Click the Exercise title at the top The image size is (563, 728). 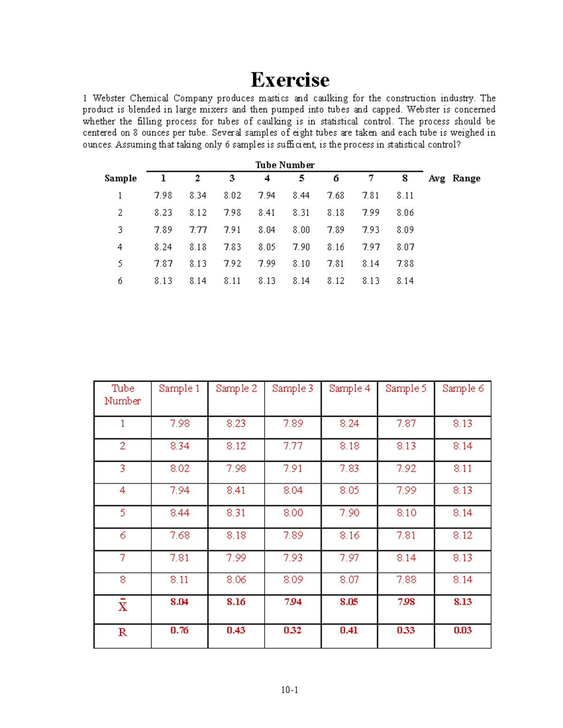[x=290, y=80]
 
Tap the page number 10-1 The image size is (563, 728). [x=289, y=690]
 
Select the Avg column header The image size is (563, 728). [x=436, y=178]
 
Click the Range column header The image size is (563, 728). [x=466, y=178]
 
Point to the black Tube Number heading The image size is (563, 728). [x=285, y=165]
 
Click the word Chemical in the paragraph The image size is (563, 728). [x=149, y=98]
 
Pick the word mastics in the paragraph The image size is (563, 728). [x=273, y=98]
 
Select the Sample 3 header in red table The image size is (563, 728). [x=292, y=388]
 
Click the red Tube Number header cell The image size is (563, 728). [x=122, y=394]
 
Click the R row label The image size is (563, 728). [x=122, y=632]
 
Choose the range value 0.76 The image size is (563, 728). [x=179, y=630]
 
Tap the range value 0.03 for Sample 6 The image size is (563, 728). [x=463, y=630]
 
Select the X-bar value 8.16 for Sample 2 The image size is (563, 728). [x=236, y=602]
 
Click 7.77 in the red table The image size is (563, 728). [x=293, y=446]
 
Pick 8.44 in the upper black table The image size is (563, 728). [x=301, y=195]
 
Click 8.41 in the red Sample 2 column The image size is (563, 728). [x=236, y=490]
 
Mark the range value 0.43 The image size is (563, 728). [x=236, y=630]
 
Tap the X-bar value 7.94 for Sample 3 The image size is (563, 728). [x=293, y=602]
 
